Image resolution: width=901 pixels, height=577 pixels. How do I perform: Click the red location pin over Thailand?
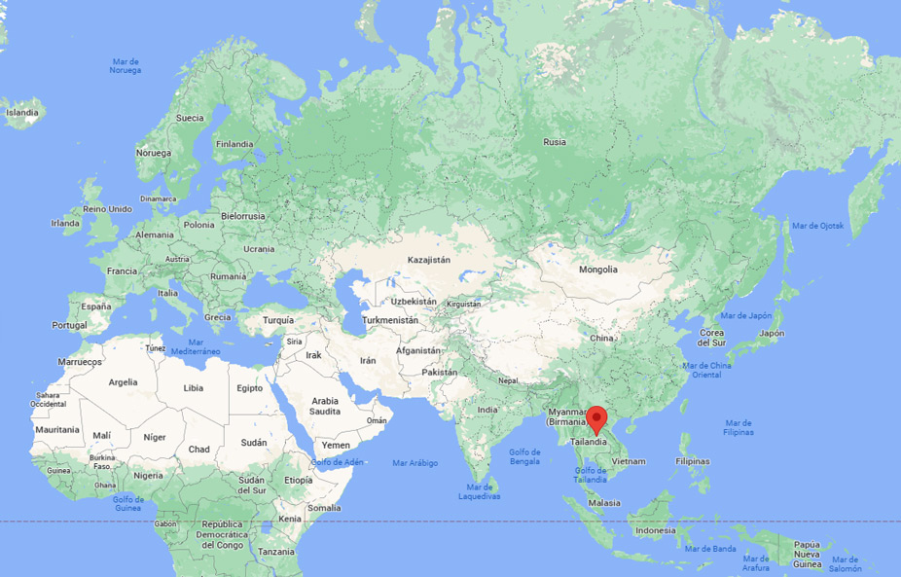pyautogui.click(x=599, y=422)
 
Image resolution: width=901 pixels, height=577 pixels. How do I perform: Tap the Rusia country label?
pyautogui.click(x=555, y=142)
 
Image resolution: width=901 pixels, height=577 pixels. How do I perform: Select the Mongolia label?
pyautogui.click(x=597, y=270)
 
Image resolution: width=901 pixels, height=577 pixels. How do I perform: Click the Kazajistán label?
pyautogui.click(x=428, y=261)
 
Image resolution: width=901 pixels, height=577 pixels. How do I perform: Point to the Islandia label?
pyautogui.click(x=22, y=113)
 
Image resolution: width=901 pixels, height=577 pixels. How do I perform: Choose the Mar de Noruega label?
pyautogui.click(x=126, y=66)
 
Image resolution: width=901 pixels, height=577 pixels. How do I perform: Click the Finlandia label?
pyautogui.click(x=234, y=144)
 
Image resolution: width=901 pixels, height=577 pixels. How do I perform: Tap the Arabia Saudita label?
pyautogui.click(x=325, y=406)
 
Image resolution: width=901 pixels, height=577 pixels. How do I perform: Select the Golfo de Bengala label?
pyautogui.click(x=523, y=455)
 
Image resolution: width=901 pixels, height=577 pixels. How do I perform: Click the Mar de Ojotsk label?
pyautogui.click(x=818, y=226)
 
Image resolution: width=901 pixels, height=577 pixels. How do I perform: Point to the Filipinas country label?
pyautogui.click(x=692, y=460)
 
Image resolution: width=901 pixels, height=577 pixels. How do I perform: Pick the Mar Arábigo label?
pyautogui.click(x=415, y=462)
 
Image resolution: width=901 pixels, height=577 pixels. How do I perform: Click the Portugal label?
pyautogui.click(x=70, y=325)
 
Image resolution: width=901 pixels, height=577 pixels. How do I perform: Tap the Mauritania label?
pyautogui.click(x=56, y=429)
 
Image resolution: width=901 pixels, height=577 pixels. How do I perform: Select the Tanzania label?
pyautogui.click(x=276, y=552)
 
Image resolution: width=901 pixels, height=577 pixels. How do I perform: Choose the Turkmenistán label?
pyautogui.click(x=390, y=320)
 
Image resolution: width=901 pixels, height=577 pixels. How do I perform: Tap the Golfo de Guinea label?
pyautogui.click(x=128, y=503)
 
